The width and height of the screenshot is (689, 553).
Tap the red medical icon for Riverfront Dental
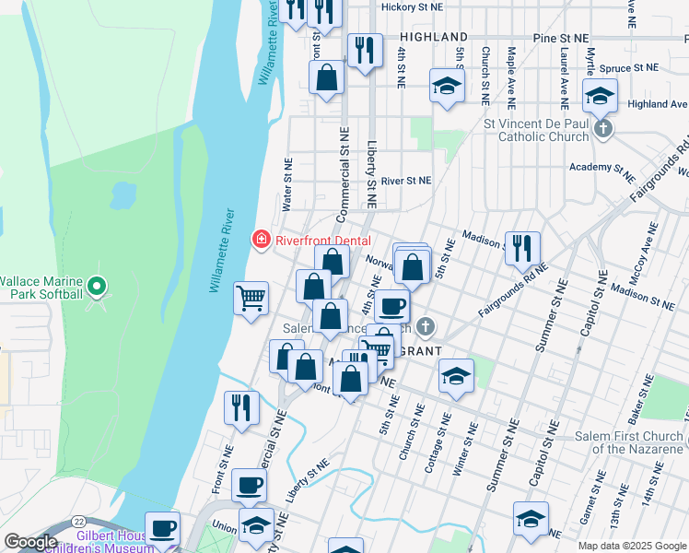(x=262, y=241)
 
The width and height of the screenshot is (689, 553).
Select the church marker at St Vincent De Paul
(x=603, y=128)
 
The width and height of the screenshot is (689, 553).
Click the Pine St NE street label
(x=560, y=38)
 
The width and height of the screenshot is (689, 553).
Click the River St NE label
(x=406, y=182)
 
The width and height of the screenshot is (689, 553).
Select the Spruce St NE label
(x=630, y=68)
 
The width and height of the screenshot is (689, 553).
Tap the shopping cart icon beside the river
(x=251, y=299)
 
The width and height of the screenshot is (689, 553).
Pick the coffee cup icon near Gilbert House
(x=164, y=530)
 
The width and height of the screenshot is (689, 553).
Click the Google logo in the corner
(x=30, y=542)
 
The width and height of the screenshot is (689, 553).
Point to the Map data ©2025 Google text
(x=632, y=545)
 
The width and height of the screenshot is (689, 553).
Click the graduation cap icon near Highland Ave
(x=600, y=96)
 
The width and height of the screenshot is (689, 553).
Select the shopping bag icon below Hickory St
(x=326, y=78)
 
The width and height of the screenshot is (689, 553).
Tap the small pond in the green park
(x=122, y=194)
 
